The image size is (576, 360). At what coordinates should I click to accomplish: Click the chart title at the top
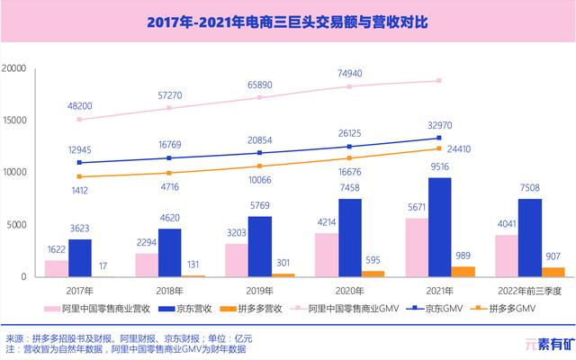click(288, 21)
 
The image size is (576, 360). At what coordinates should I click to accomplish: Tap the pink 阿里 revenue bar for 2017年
click(56, 268)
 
